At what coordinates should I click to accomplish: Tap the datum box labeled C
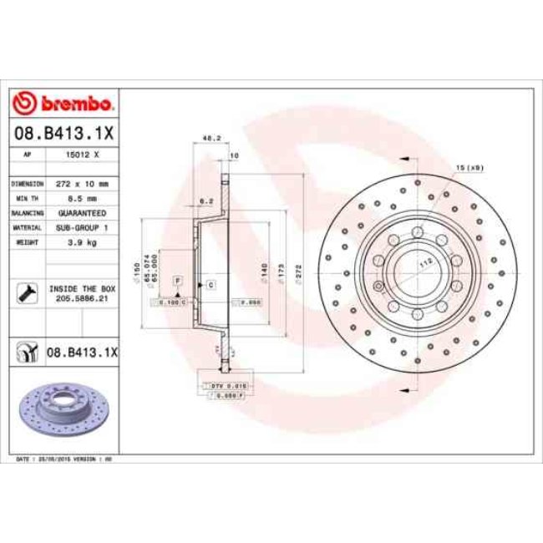[211, 285]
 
